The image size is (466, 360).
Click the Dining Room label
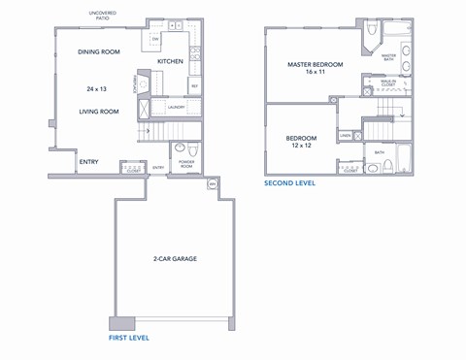tap(98, 51)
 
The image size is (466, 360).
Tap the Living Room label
tap(98, 112)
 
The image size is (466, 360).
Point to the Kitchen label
tap(171, 61)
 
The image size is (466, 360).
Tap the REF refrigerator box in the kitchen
tap(194, 86)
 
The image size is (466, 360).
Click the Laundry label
tap(176, 107)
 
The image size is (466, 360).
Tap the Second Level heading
tap(290, 182)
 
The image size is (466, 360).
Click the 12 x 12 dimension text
tap(301, 147)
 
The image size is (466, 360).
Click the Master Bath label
tap(388, 57)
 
